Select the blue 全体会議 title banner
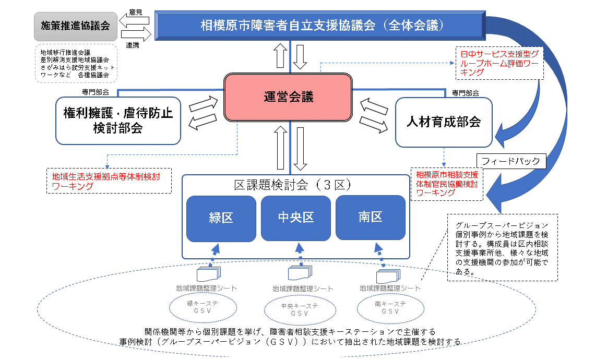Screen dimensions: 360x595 pyautogui.click(x=322, y=26)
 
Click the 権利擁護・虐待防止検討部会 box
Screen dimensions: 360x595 pyautogui.click(x=118, y=121)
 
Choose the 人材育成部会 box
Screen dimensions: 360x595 pyautogui.click(x=443, y=122)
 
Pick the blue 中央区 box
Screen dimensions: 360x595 pyautogui.click(x=295, y=217)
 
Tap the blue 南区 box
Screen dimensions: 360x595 pyautogui.click(x=370, y=217)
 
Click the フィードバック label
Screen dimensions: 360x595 pyautogui.click(x=511, y=161)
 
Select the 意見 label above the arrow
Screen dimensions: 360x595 pyautogui.click(x=135, y=12)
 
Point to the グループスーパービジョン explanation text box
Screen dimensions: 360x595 pyautogui.click(x=502, y=247)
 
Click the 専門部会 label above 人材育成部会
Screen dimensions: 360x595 pyautogui.click(x=466, y=93)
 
